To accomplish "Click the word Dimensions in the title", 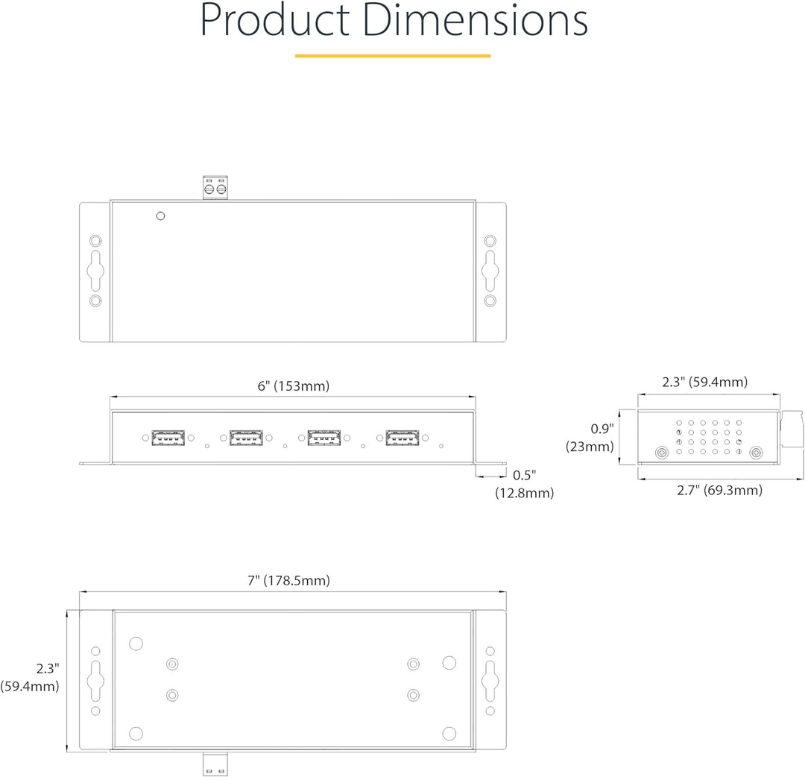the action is (476, 20).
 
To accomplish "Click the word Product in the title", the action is (274, 20).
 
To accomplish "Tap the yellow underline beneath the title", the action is (393, 55).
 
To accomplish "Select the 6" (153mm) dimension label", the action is (293, 386).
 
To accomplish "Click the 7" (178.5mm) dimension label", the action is (288, 580).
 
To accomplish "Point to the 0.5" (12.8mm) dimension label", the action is (524, 484).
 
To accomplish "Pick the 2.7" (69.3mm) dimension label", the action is (719, 490).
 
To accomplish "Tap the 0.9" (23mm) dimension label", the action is (590, 438).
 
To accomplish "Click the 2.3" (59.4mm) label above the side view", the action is (704, 382).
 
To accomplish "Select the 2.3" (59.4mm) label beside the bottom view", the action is (30, 677).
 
